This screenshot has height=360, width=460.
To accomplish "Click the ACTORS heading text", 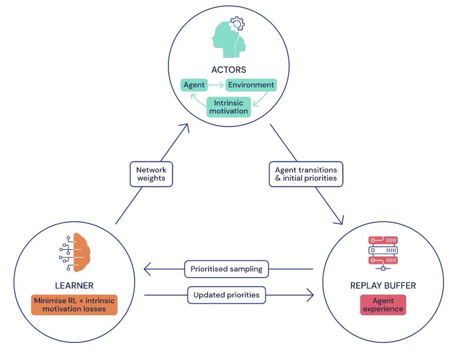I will (229, 69).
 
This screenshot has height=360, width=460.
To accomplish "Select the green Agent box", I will (194, 85).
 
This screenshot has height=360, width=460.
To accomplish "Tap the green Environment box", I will (251, 85).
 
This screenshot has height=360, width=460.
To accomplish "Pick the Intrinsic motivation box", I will (229, 107).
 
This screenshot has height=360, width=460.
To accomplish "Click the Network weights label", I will (151, 174).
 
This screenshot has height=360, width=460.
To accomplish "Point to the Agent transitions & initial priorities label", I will (306, 174).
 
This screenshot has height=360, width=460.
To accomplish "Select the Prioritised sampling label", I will (226, 269).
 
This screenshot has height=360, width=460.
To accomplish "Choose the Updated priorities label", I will (226, 295).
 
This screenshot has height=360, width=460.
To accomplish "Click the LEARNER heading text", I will (74, 286).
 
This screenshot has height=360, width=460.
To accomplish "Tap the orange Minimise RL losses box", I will (74, 305).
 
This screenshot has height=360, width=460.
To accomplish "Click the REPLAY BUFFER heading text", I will (383, 286).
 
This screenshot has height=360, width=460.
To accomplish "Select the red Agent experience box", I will (383, 305).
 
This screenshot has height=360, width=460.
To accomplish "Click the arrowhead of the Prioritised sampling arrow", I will (147, 269).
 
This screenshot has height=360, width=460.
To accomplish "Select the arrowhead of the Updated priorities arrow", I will (310, 295).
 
